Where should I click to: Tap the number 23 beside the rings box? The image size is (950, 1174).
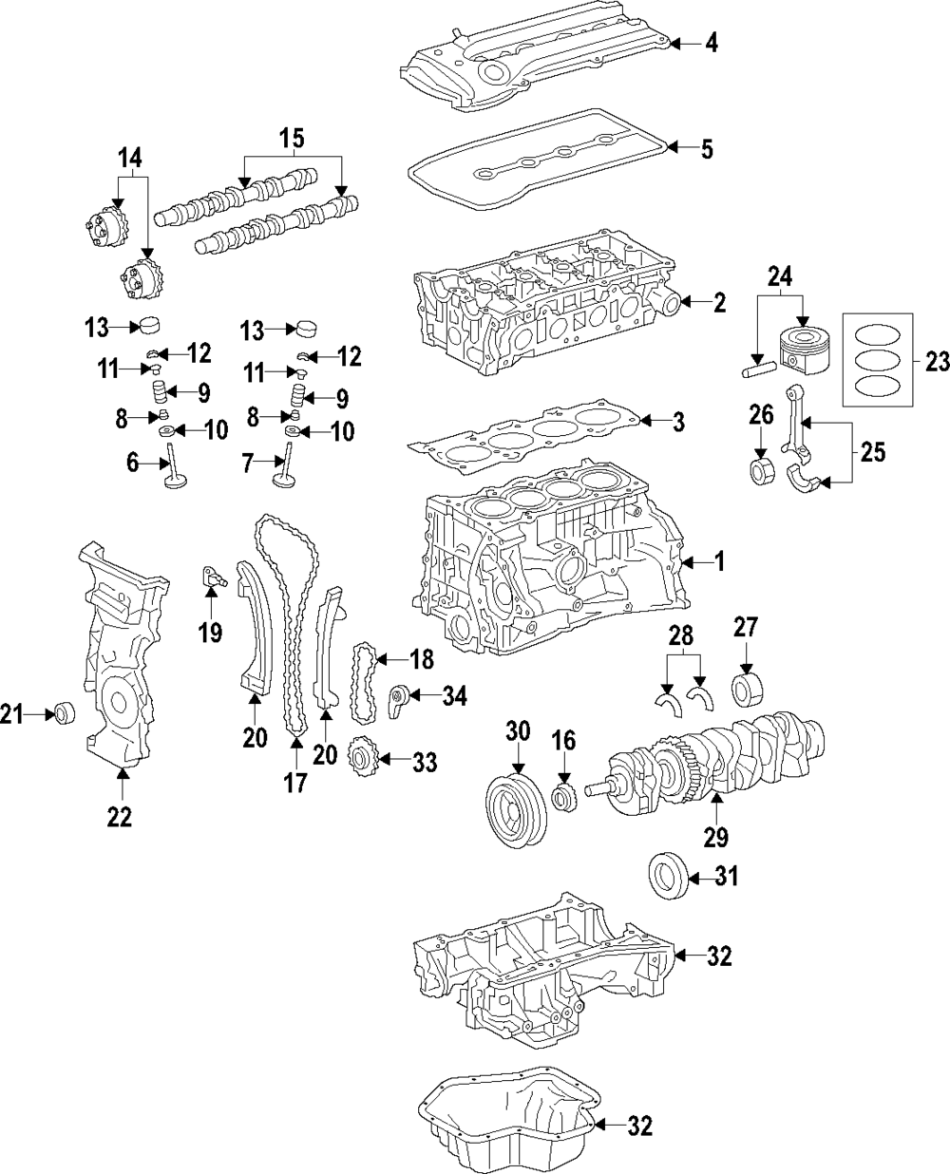coord(936,361)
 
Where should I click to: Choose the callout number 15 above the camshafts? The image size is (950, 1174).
coord(293,140)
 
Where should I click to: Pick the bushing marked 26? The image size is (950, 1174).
coord(760,470)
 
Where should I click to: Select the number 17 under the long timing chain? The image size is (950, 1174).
coord(294,784)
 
